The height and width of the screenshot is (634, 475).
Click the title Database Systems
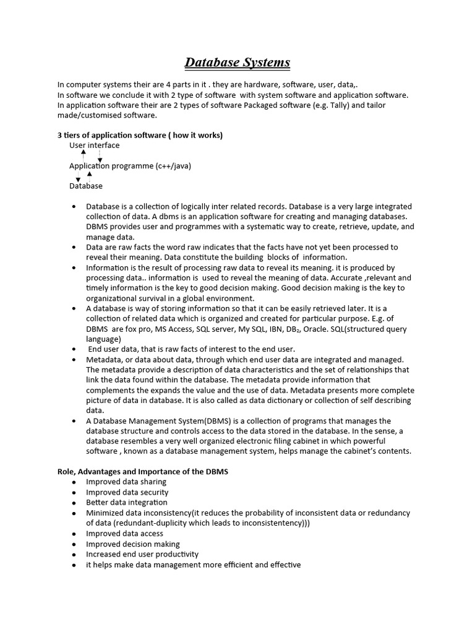pos(237,63)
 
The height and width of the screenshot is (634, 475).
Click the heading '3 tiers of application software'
pos(140,135)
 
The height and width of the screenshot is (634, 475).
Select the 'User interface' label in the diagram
pos(94,145)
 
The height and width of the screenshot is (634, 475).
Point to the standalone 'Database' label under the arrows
pos(85,186)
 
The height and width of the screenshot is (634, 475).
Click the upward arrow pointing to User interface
pos(83,153)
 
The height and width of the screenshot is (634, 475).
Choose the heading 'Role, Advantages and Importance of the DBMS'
pos(143,472)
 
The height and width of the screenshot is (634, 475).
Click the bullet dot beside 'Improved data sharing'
pos(74,482)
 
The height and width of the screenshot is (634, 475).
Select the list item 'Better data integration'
pos(126,502)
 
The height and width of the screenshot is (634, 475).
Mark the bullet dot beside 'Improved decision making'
pos(74,544)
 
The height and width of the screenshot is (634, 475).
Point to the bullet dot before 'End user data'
pos(74,349)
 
